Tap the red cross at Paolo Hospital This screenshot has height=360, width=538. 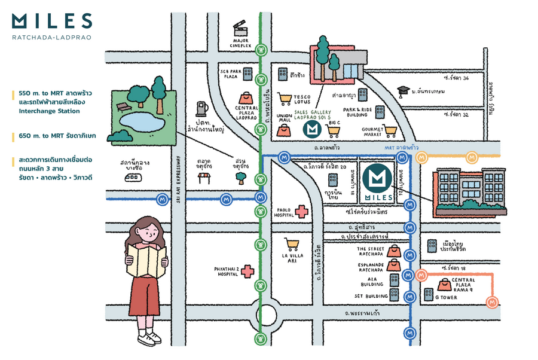point(302,211)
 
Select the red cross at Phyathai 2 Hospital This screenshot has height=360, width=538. point(247,271)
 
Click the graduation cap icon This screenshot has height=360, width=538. point(404,91)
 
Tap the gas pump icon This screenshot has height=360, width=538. point(201,109)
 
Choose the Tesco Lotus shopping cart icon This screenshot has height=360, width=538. point(286,99)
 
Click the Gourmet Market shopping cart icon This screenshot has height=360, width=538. point(390,130)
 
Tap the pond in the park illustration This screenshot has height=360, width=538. point(141,123)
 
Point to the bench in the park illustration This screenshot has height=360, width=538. point(123,106)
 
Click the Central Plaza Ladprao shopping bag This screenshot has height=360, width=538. point(246,97)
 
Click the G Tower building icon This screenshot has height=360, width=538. point(429,294)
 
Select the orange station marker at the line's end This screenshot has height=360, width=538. point(492,303)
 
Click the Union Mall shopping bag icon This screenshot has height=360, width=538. point(282,130)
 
